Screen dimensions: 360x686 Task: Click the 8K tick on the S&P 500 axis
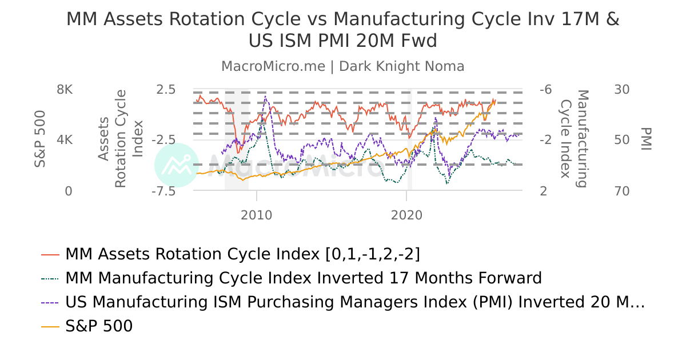tap(65, 90)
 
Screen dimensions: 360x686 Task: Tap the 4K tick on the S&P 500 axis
tap(65, 140)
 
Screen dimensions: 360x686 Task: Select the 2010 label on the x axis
tap(257, 215)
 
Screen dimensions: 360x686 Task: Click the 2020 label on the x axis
tap(406, 215)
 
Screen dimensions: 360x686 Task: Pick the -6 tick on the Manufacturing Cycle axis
tap(545, 90)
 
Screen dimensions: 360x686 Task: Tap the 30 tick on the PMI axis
tap(621, 90)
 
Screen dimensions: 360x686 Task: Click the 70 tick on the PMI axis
tap(621, 191)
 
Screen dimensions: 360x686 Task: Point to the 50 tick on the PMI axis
tap(621, 140)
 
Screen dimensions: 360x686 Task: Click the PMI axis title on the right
tap(646, 139)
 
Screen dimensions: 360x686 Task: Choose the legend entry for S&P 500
tap(99, 326)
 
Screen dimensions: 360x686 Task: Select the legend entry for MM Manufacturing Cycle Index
tap(303, 278)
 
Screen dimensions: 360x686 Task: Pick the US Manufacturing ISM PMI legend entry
tap(354, 302)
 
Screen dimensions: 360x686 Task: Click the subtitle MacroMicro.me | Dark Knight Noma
tap(343, 66)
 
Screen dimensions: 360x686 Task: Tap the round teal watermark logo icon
tap(177, 165)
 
